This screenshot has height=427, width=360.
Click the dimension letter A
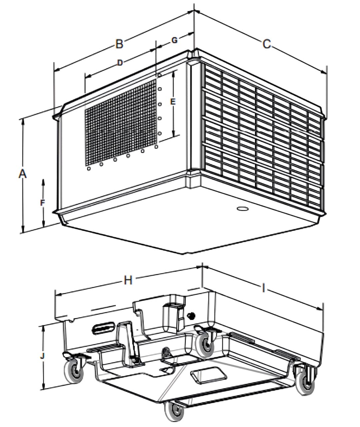(22, 174)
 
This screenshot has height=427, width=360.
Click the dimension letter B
(119, 44)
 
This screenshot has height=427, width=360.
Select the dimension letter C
(266, 44)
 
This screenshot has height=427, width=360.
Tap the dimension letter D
(120, 62)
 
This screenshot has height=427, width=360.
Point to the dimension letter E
(173, 102)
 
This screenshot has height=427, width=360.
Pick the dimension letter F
(42, 202)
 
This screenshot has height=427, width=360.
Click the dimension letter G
(174, 40)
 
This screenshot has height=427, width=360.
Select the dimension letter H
(128, 281)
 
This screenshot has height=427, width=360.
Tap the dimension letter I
(263, 288)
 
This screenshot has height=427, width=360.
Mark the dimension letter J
(42, 356)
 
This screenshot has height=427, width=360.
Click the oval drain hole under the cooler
(242, 209)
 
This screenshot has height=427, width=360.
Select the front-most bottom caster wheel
(175, 412)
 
